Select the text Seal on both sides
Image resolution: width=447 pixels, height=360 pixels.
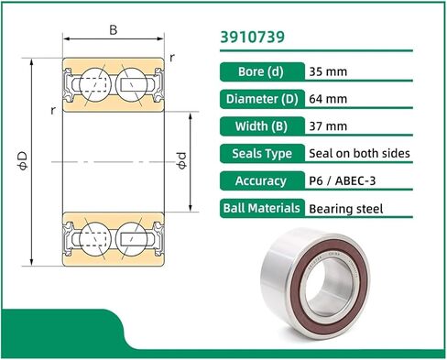(x=359, y=153)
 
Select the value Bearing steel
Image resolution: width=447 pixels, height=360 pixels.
(x=345, y=209)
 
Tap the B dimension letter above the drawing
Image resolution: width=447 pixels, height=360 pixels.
(x=113, y=30)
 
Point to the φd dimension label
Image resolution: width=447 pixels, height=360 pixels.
(x=181, y=160)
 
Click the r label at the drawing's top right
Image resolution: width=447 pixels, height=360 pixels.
(x=173, y=57)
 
